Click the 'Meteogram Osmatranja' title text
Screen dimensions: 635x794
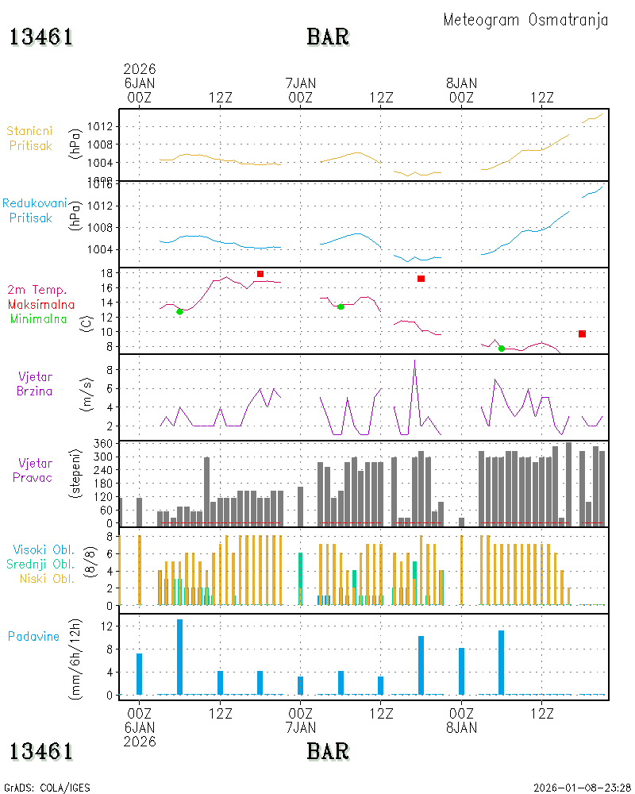coord(525,21)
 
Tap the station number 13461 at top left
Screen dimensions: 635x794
coord(41,37)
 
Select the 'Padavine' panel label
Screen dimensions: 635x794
coord(33,637)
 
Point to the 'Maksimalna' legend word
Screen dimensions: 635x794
coord(41,305)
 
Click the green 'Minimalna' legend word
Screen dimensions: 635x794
coord(38,319)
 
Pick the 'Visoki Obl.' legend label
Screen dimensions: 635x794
coord(44,550)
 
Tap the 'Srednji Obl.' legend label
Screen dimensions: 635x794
coord(40,564)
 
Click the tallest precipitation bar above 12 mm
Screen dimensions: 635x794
coord(179,657)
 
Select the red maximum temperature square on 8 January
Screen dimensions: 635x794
coord(583,333)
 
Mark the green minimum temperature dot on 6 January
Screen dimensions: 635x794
coord(179,311)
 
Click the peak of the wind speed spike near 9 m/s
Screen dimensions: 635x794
coord(414,360)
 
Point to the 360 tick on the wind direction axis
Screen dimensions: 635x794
coord(103,444)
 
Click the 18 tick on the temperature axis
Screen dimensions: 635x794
coord(106,273)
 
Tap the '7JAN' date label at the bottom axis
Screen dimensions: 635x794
coord(301,727)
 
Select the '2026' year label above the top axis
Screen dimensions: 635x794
coord(140,69)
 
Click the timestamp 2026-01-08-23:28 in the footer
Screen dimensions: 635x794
coord(582,788)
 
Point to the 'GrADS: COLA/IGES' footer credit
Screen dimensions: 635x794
coord(47,788)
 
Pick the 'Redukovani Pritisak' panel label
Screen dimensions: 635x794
coord(34,210)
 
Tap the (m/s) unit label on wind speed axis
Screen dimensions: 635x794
coord(87,395)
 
